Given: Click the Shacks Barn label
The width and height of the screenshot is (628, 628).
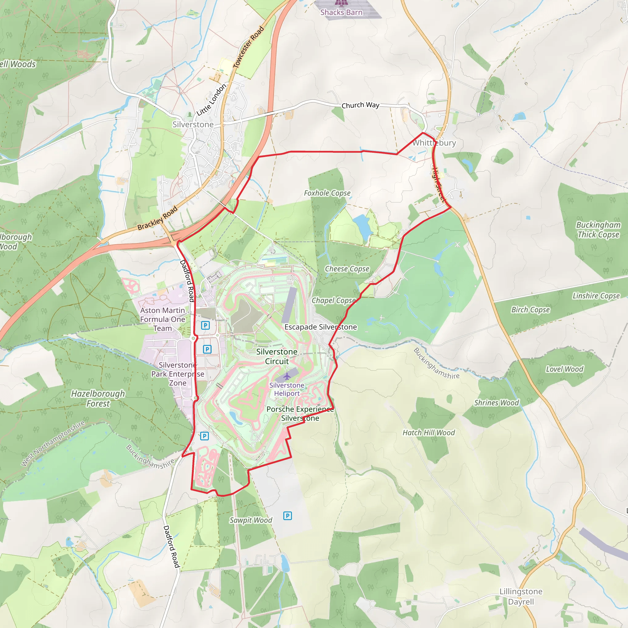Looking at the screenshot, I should click(341, 12).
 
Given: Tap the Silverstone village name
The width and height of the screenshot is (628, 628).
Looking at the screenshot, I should click(193, 124).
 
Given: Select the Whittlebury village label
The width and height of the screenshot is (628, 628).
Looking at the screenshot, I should click(434, 143).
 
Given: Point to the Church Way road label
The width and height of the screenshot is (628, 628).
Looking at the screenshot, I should click(360, 105).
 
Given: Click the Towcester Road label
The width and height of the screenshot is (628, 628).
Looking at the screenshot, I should click(248, 47).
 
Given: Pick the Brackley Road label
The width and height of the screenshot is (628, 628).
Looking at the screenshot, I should click(157, 218).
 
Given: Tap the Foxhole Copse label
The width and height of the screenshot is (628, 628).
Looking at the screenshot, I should click(327, 193).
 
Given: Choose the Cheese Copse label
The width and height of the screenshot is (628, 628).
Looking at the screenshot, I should click(347, 269).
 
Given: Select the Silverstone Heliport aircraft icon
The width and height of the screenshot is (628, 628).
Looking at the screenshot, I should click(287, 377).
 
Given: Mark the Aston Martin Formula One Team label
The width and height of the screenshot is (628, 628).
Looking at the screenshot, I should click(163, 319).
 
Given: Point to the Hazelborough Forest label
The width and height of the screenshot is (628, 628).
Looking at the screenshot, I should click(98, 399).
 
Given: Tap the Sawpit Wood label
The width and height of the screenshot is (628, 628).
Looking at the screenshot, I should click(251, 520).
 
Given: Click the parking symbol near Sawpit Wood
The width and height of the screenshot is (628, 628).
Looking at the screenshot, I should click(287, 515).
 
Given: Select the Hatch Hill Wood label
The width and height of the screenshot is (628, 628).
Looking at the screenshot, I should click(428, 433).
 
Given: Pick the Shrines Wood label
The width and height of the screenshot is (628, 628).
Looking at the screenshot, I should click(496, 403).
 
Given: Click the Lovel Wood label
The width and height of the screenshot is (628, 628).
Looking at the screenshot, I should click(564, 369).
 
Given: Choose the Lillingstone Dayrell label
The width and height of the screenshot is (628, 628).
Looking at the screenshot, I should click(521, 596).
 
